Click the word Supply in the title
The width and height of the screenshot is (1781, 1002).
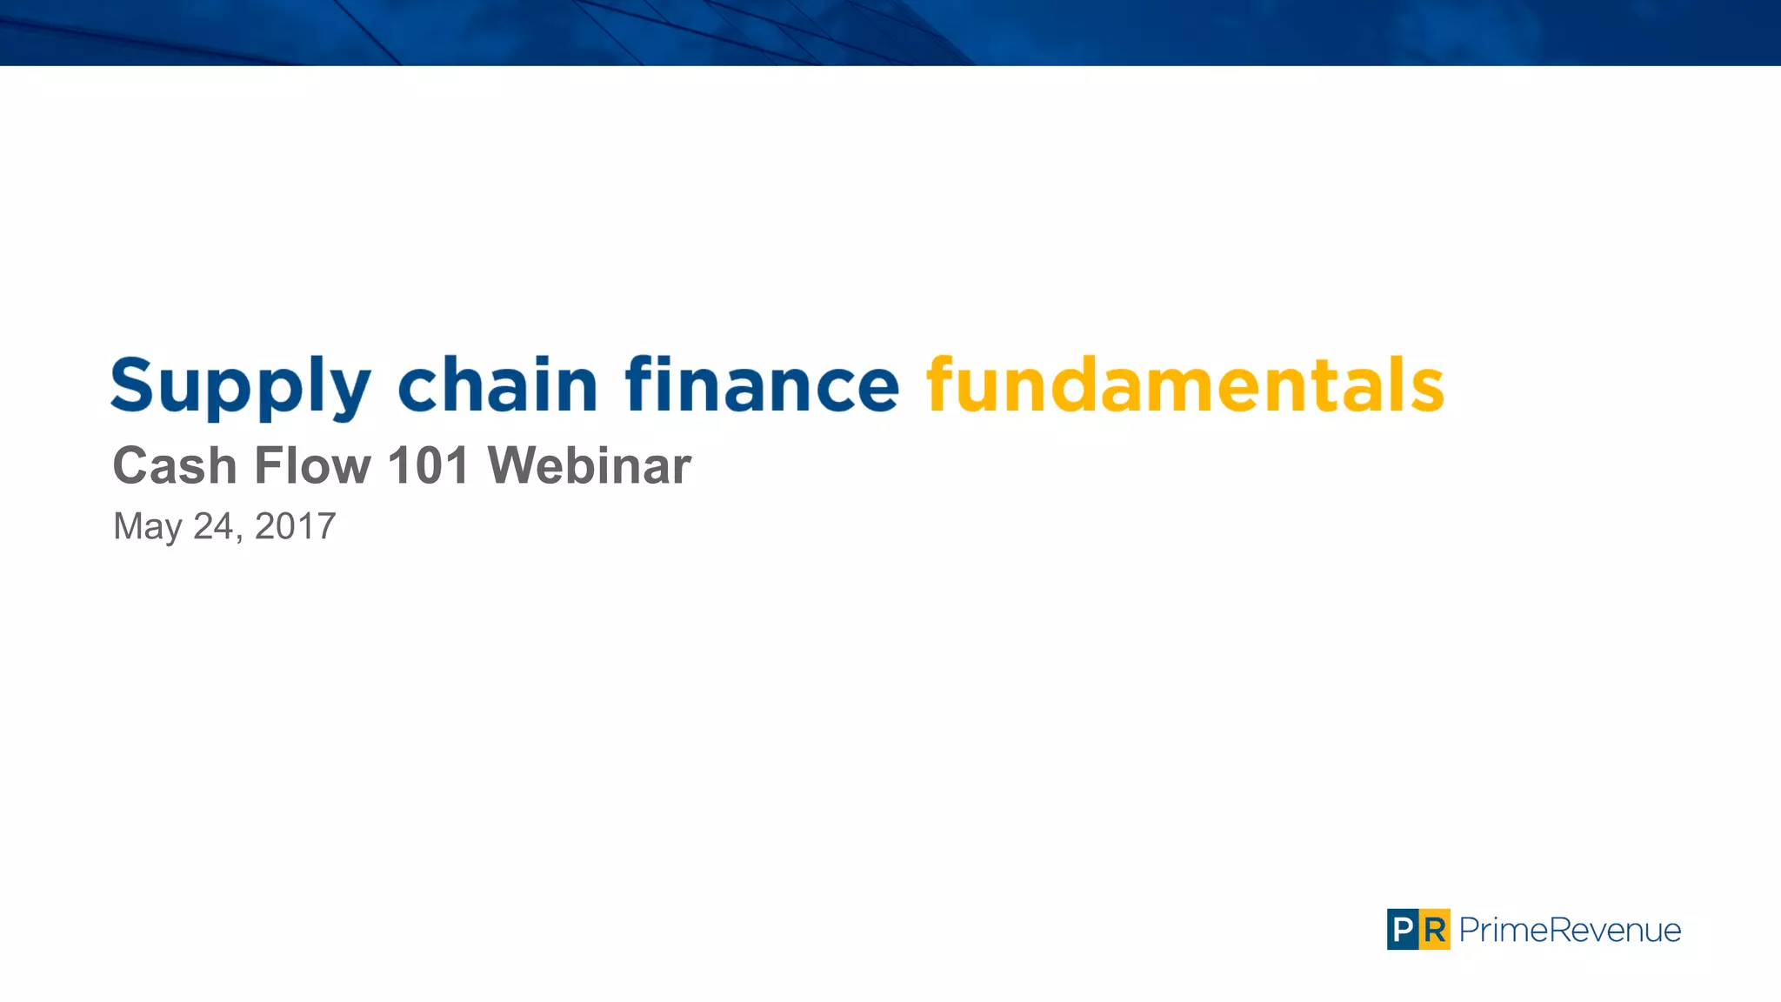tap(241, 386)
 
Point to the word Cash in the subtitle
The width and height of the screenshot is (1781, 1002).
tap(175, 465)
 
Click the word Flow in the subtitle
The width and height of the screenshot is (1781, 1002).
tap(312, 465)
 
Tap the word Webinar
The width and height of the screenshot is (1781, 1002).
tap(589, 465)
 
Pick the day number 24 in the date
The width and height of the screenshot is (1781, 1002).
tap(213, 525)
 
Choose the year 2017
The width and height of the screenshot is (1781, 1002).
tap(295, 525)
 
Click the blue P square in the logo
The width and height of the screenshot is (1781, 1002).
tap(1402, 930)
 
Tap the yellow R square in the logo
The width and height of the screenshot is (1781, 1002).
tap(1435, 930)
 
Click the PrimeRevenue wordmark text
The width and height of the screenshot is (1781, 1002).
tap(1570, 930)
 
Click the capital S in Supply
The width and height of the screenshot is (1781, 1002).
tap(132, 384)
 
